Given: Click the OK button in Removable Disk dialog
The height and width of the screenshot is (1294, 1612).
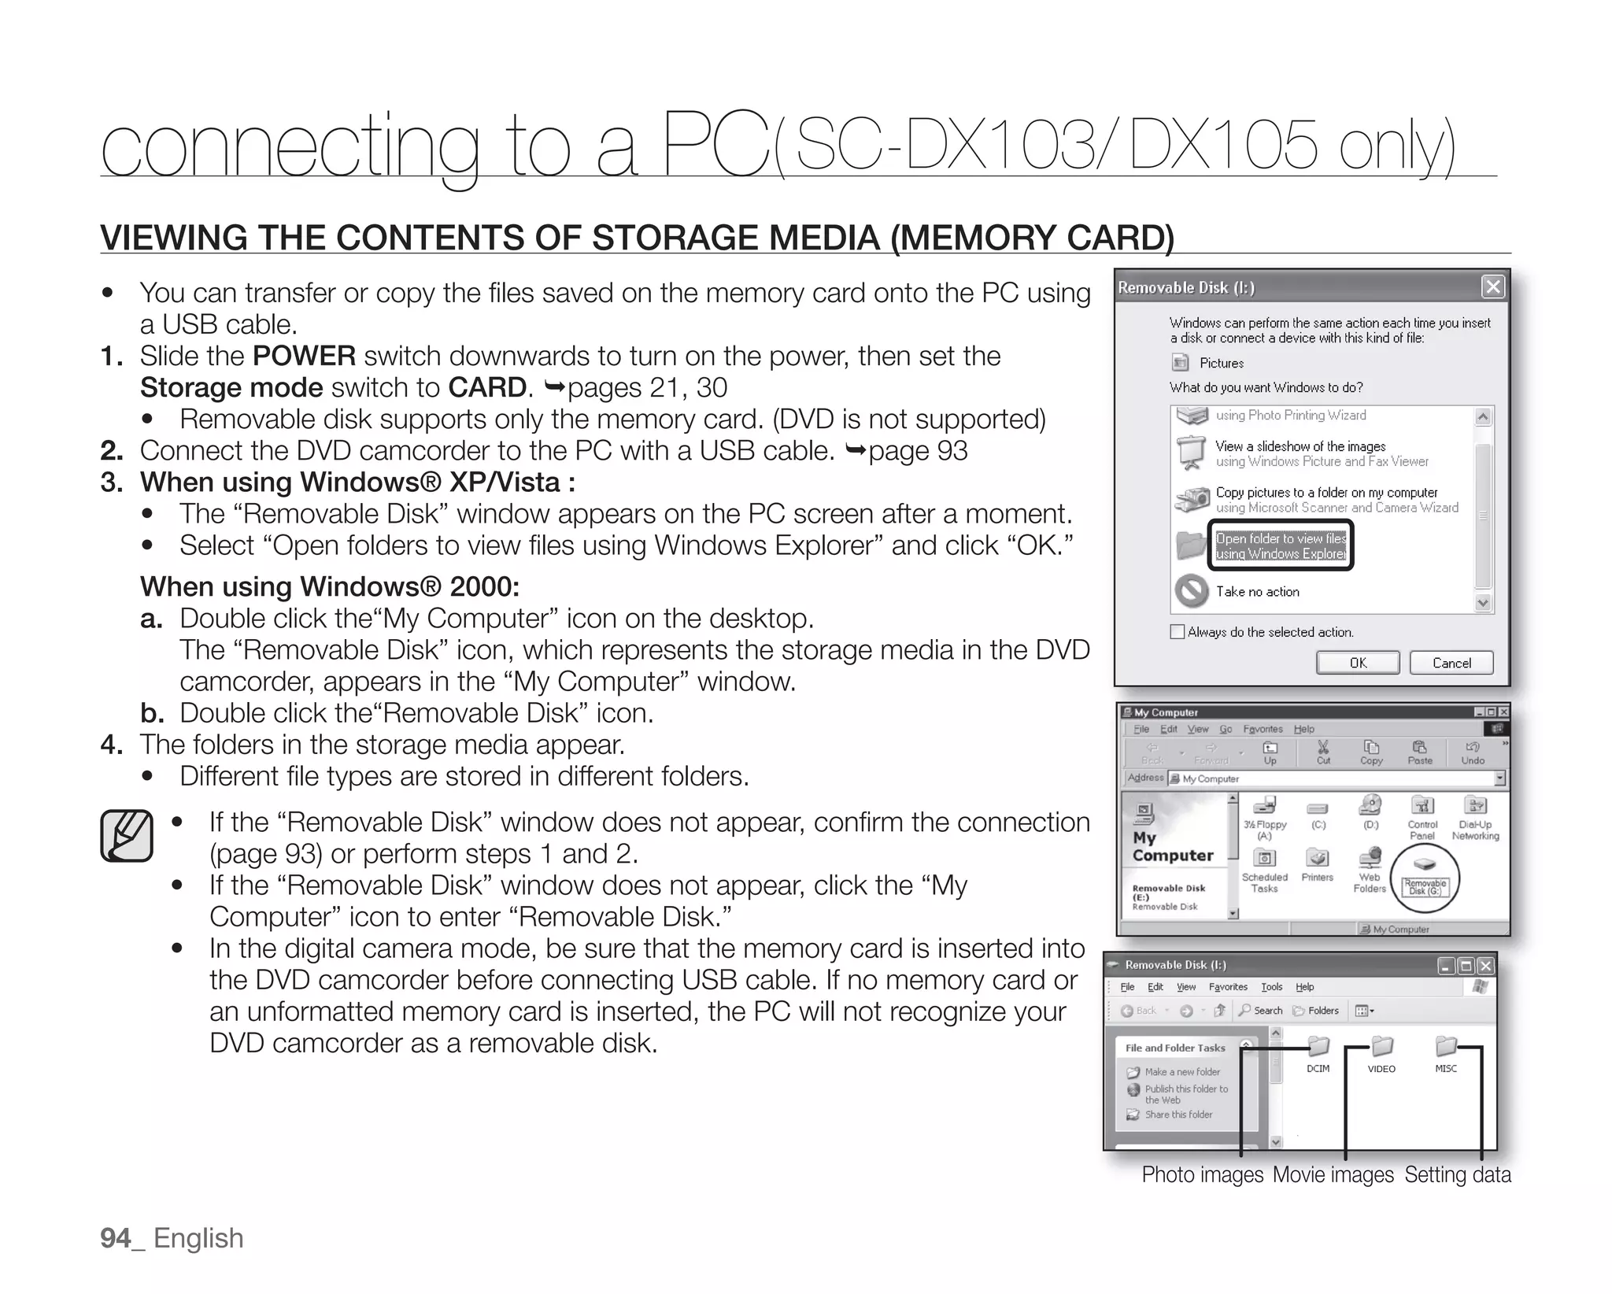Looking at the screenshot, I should coord(1358,663).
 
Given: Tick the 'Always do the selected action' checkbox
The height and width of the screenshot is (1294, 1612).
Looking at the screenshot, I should coord(1178,632).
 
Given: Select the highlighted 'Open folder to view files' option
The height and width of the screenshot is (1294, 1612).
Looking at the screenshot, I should coord(1281,545).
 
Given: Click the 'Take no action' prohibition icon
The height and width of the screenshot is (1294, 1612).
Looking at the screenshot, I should coord(1192,591).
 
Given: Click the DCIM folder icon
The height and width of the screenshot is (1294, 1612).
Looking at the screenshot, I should coord(1318,1047).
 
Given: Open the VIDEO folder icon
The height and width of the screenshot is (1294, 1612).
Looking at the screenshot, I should coord(1381,1047).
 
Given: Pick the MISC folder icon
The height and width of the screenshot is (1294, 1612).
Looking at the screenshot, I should coord(1445,1047).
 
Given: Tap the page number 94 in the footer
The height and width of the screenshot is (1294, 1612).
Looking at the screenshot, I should coord(116,1238).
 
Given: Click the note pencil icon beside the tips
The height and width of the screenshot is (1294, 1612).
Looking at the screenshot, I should coord(127,836).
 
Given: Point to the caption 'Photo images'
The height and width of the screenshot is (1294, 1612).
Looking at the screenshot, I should coord(1202,1175).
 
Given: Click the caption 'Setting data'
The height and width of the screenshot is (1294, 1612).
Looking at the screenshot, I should coord(1458,1175).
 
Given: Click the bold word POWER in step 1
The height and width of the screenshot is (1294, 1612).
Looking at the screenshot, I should coord(304,356).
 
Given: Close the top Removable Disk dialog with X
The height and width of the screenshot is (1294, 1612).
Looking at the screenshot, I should coord(1492,287).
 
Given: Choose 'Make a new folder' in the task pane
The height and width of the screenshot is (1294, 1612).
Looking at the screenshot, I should coord(1181,1072).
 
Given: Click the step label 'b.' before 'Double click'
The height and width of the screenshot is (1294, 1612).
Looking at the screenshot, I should coord(152,713).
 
